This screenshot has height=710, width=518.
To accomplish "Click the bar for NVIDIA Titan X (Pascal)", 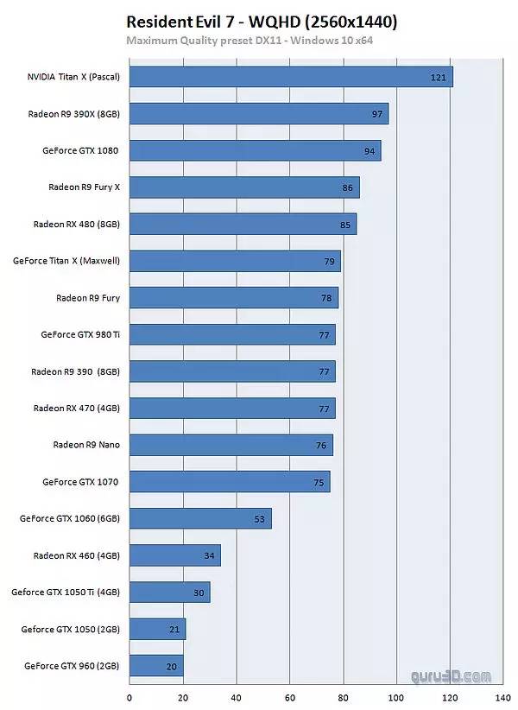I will (291, 77).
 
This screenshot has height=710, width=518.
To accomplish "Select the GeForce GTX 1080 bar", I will (255, 150).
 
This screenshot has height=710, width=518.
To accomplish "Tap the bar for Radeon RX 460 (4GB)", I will (174, 555).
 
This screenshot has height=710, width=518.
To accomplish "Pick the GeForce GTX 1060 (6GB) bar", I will (200, 518).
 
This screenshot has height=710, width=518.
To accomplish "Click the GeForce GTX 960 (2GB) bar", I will (156, 666).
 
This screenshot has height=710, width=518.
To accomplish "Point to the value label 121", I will (438, 78).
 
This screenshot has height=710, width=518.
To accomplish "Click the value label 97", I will (377, 114).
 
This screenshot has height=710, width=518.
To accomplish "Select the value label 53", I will (260, 519).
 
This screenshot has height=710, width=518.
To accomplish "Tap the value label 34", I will (209, 555).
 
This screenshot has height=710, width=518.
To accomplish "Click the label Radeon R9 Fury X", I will (83, 187).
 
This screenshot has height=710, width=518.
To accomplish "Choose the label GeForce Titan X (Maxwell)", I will (66, 261).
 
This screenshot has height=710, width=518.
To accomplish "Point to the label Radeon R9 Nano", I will (86, 445).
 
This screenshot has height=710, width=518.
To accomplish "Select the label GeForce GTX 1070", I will (80, 482).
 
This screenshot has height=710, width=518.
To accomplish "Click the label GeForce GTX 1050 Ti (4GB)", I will (65, 593).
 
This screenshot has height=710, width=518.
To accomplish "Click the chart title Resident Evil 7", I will (262, 21).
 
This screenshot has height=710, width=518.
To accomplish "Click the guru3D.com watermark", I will (457, 676).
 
